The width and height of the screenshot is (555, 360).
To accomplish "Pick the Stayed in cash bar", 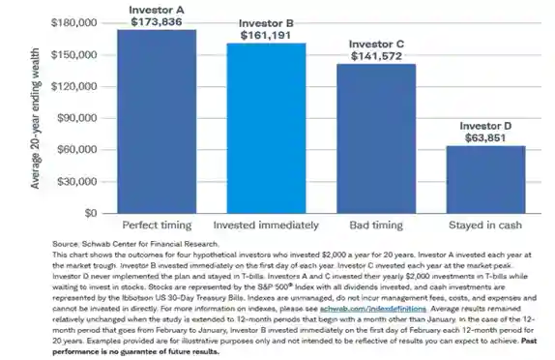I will coord(485,179).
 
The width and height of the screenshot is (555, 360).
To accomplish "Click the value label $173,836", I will coord(157,20).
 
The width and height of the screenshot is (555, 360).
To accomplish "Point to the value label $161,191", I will coord(266,34).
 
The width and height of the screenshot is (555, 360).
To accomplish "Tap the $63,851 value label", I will coord(485,136).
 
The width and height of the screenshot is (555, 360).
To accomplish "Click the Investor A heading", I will coord(157,8).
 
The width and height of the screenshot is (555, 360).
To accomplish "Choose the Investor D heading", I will coord(485,124).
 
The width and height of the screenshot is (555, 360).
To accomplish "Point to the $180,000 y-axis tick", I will coord(73,21).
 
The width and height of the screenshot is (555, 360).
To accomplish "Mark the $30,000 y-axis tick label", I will coord(75,181).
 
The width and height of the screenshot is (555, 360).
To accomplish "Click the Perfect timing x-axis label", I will coord(157,225).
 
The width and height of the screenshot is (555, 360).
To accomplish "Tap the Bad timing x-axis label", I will coord(375,225).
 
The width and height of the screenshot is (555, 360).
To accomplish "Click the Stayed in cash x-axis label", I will coord(485,225).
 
